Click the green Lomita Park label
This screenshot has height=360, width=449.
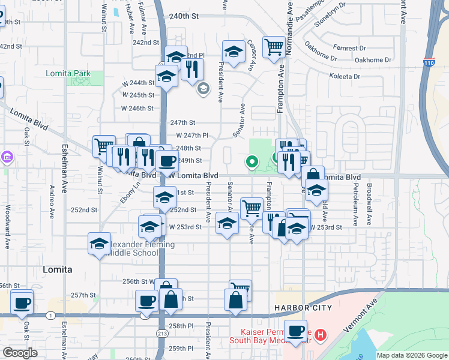[68, 74]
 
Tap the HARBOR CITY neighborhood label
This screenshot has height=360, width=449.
[303, 308]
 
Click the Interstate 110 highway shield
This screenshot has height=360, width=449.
[429, 62]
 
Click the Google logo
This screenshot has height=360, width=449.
[20, 353]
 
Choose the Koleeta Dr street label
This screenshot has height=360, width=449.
[345, 76]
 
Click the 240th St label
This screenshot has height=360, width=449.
[184, 17]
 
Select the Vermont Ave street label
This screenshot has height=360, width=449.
[360, 316]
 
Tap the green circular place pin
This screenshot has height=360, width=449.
[252, 161]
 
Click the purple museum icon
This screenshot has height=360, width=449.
[7, 158]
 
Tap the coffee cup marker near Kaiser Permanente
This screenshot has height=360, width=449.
[295, 331]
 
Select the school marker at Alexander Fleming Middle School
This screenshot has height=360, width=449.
[99, 243]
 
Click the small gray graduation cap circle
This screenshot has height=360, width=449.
[203, 89]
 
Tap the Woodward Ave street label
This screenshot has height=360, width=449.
[8, 220]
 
